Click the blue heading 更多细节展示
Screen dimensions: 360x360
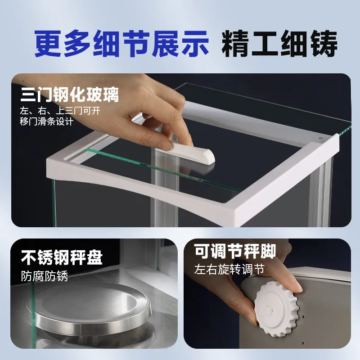tap(121, 44)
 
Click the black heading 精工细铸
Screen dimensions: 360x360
tap(279, 44)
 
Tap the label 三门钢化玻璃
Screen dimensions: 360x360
tap(70, 94)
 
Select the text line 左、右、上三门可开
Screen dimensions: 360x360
tap(60, 111)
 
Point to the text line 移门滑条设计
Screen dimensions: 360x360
tap(47, 121)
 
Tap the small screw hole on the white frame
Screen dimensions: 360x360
tap(320, 139)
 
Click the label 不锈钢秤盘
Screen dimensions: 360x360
tap(62, 257)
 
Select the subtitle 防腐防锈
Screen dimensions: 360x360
tap(45, 276)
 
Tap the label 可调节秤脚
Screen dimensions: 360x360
tap(235, 251)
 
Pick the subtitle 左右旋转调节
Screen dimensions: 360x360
tap(229, 269)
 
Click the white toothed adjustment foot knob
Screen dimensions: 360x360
tap(276, 309)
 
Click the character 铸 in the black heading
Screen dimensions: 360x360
tap(324, 44)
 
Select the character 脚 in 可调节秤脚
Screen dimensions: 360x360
tap(268, 251)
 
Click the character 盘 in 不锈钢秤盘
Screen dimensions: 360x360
tap(94, 257)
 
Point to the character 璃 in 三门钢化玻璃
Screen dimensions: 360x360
tap(111, 94)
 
